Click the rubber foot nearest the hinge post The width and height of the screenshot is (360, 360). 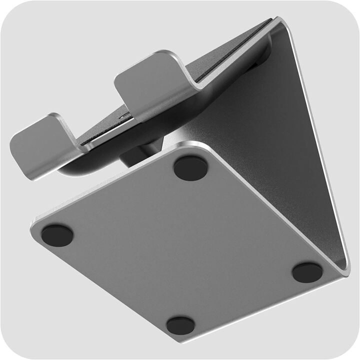(x=190, y=168)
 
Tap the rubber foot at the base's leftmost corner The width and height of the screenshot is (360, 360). (x=57, y=235)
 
